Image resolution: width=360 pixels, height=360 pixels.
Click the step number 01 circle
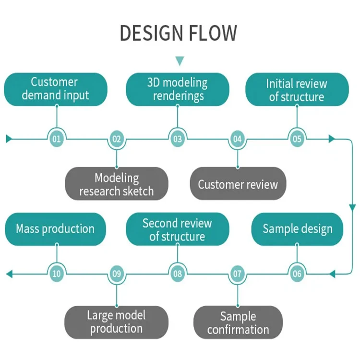57,139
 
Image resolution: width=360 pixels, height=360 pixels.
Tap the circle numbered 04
237,139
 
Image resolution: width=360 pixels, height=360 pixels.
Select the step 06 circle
297,274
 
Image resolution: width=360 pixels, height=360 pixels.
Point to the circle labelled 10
57,274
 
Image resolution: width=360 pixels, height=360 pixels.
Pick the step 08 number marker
178,274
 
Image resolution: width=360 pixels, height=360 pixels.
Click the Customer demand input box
56,89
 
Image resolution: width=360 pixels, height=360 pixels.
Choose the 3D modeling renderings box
178,89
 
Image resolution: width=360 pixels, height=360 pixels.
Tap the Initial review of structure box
297,90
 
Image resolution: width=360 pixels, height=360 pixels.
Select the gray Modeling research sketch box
117,184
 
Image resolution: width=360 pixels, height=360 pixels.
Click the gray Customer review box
238,184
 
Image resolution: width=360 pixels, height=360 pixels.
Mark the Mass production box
55,228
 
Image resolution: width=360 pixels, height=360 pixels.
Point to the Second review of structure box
177,229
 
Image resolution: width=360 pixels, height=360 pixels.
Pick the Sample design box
298,228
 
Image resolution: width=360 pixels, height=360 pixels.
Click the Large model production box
116,322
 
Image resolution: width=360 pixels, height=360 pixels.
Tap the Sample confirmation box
238,323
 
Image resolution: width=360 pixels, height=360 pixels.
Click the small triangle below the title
180,61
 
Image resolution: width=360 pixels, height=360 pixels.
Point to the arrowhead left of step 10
9,274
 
